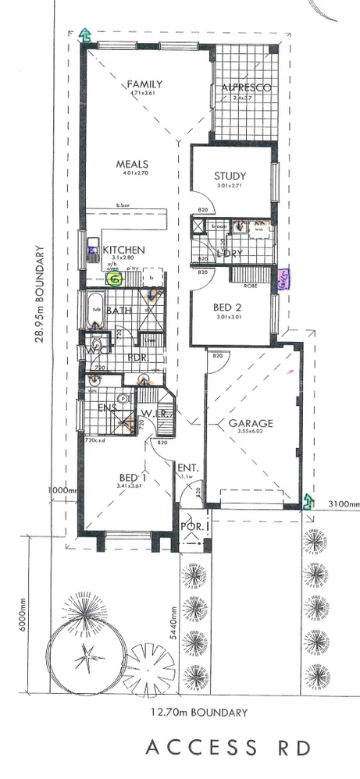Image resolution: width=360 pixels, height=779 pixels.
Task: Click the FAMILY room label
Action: pos(145,84)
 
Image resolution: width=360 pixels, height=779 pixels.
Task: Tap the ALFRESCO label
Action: pos(245,87)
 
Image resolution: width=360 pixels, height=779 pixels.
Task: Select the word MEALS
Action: pos(132,164)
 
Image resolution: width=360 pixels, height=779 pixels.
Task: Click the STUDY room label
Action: pos(230,176)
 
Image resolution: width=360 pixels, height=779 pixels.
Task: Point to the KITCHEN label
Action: pos(128,250)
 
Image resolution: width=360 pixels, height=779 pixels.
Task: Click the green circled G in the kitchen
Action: pos(116,277)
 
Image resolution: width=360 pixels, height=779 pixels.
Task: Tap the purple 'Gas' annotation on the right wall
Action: pos(284,279)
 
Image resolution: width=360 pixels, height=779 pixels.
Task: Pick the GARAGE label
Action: pos(251,424)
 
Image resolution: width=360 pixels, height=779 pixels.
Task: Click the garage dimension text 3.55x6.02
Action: pos(251,435)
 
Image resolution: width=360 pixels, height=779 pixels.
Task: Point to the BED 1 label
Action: pos(130,477)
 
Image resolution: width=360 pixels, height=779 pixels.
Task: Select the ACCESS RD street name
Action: pos(228,748)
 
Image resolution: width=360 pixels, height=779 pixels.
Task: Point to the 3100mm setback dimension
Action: pos(344,505)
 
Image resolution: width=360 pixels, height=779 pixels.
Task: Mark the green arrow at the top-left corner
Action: pos(84,34)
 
